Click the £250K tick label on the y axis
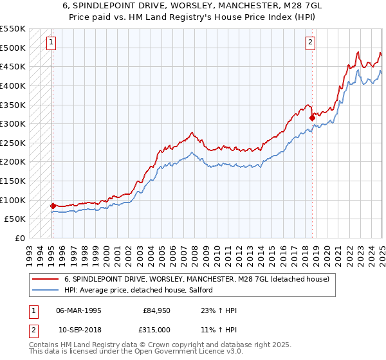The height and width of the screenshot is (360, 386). point(13,143)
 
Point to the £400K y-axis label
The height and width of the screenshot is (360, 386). point(13,85)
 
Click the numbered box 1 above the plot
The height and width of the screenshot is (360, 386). point(51,43)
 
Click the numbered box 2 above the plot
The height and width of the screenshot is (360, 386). point(310,43)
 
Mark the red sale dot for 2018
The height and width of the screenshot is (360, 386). point(312,118)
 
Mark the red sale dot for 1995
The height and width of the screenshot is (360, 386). point(52,206)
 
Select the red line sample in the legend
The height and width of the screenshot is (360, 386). point(46,279)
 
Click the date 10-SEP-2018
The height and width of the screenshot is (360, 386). point(78,329)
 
